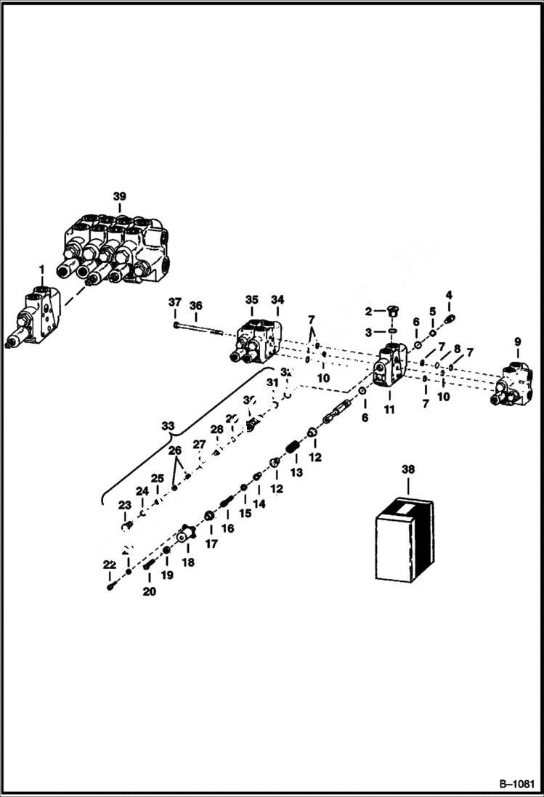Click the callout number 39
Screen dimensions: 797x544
pyautogui.click(x=119, y=196)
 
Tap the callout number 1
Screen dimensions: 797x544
pyautogui.click(x=42, y=270)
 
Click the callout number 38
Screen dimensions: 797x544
pyautogui.click(x=407, y=469)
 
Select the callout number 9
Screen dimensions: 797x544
pyautogui.click(x=517, y=342)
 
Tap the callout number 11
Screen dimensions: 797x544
pyautogui.click(x=389, y=410)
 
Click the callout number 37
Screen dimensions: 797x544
pyautogui.click(x=174, y=302)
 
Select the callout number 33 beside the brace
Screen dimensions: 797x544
pyautogui.click(x=169, y=426)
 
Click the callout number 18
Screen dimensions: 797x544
pyautogui.click(x=187, y=562)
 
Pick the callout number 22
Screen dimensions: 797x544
pyautogui.click(x=109, y=565)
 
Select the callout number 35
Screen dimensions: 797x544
pyautogui.click(x=251, y=299)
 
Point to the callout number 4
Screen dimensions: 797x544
pyautogui.click(x=449, y=295)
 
